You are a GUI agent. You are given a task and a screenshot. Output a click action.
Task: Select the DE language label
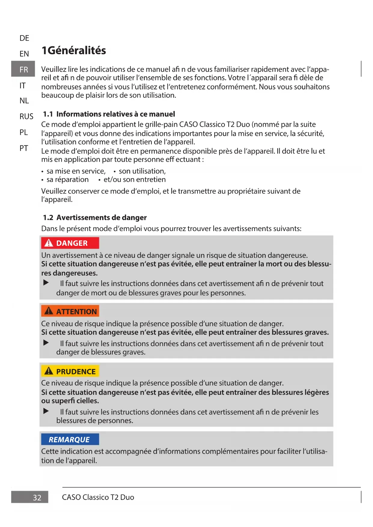point(24,38)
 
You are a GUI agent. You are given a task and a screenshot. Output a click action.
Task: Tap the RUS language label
point(26,117)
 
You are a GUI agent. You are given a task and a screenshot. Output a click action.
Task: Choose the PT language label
point(24,148)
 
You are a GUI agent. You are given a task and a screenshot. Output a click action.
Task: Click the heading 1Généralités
point(74,50)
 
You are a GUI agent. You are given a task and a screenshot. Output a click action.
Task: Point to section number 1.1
point(48,114)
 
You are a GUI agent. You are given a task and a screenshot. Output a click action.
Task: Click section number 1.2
point(48,218)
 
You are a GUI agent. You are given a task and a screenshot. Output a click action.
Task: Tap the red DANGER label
point(70,243)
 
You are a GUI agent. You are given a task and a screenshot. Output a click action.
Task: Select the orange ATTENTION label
point(70,312)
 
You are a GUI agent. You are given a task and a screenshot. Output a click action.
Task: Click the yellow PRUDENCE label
point(70,371)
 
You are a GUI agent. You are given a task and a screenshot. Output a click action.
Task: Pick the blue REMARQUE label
point(70,440)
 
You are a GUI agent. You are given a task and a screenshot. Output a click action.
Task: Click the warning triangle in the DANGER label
point(49,243)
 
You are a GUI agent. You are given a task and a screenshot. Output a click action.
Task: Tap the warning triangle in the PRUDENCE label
point(49,371)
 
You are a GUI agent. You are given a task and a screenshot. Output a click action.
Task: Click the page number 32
point(37,498)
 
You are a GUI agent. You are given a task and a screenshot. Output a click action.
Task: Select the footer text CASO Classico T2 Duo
point(98,497)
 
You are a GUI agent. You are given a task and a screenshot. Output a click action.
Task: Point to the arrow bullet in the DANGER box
point(46,282)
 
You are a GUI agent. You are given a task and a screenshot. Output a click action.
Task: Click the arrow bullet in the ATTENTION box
point(46,343)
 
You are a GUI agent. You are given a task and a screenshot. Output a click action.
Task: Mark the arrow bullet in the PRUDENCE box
point(46,411)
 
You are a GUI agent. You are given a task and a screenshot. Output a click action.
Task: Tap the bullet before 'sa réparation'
point(43,180)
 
